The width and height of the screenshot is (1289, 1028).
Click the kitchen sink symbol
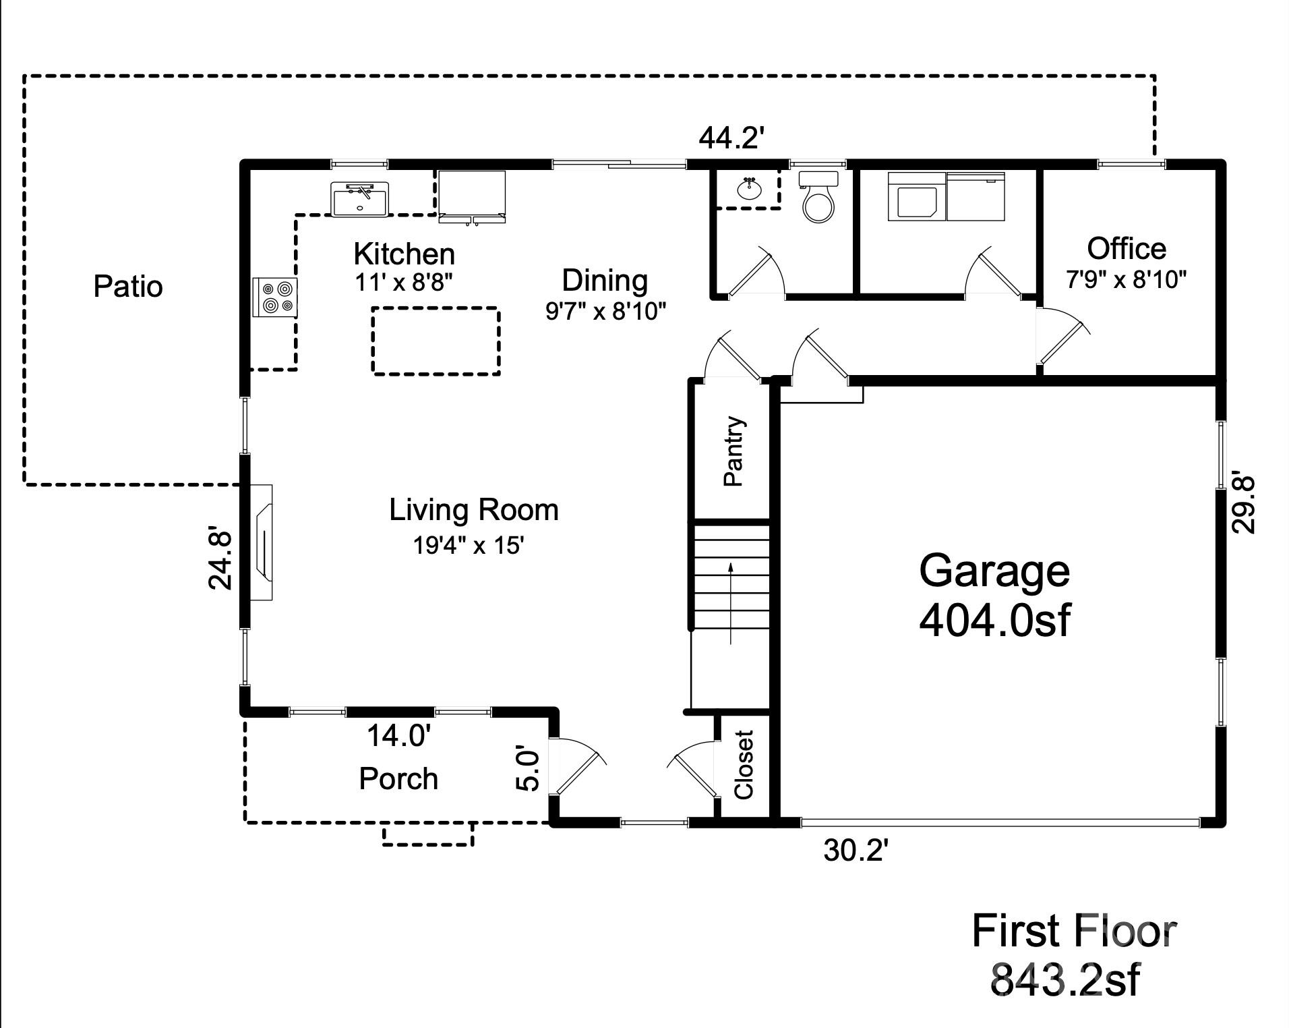tap(360, 199)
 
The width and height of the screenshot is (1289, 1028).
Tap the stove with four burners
tap(274, 297)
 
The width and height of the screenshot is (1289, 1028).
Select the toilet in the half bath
tap(818, 198)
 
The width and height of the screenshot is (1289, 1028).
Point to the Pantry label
tap(733, 451)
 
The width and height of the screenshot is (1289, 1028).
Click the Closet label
tap(744, 764)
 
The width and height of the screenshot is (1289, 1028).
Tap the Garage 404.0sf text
tap(994, 595)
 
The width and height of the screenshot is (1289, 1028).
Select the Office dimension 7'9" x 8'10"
tap(1126, 279)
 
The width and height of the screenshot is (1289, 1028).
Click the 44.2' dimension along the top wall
tap(731, 139)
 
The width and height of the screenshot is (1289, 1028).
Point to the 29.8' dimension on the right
tap(1242, 505)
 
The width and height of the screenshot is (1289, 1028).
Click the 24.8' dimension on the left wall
tap(220, 557)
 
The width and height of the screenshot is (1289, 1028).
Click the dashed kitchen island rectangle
tap(436, 341)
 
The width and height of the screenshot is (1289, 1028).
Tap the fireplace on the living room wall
tap(262, 542)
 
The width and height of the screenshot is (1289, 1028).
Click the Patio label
tap(128, 287)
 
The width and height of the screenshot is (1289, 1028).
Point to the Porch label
tap(398, 779)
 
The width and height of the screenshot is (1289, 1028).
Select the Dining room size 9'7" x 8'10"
tap(605, 311)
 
